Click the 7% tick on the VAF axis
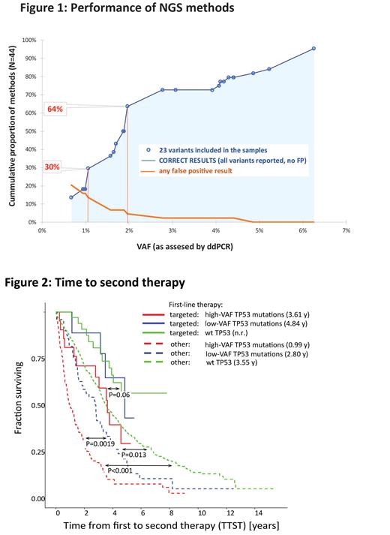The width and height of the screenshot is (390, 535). tap(346, 231)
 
